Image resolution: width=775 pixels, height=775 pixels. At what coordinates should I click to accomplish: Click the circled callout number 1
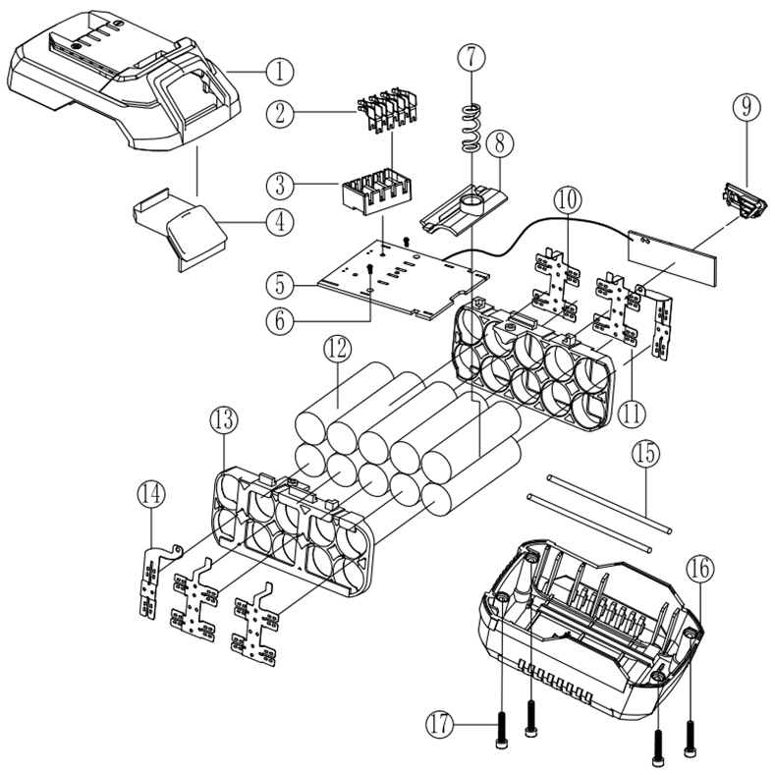278,71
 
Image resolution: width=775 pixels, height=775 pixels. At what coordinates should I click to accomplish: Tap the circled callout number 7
471,56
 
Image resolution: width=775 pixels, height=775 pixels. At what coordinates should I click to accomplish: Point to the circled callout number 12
338,348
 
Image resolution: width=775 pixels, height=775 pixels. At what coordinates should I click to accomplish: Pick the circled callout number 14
150,494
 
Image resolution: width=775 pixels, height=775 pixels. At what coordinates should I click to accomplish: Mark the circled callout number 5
279,285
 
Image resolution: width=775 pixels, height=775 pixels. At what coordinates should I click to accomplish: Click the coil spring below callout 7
471,127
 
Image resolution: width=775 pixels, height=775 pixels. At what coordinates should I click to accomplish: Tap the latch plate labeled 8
462,207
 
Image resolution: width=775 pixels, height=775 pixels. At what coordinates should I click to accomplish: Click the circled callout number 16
700,568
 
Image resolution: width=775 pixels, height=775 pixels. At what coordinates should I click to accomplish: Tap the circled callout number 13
224,421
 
